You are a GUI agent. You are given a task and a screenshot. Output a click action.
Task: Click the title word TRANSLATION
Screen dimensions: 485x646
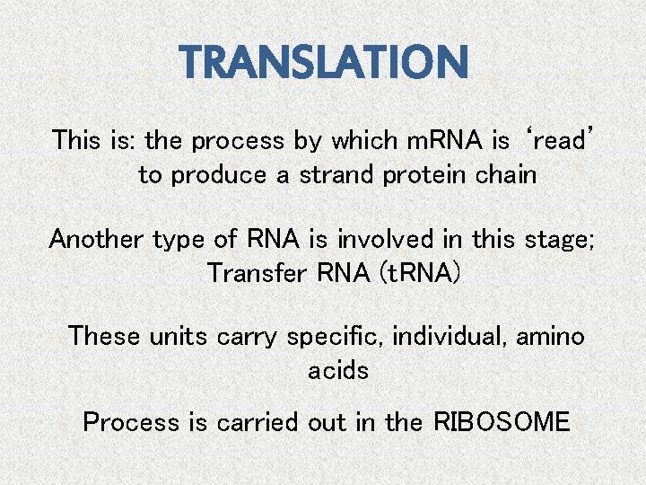click(x=324, y=62)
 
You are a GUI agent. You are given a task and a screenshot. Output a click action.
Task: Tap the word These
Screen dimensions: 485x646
click(x=105, y=336)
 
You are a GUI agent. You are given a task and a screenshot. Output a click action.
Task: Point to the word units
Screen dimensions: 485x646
click(x=179, y=336)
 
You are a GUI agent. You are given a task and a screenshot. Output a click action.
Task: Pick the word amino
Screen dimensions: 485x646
click(x=550, y=336)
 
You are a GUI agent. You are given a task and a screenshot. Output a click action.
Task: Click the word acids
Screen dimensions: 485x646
click(x=338, y=370)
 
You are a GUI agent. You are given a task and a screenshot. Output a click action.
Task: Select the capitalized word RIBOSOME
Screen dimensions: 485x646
click(x=502, y=422)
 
